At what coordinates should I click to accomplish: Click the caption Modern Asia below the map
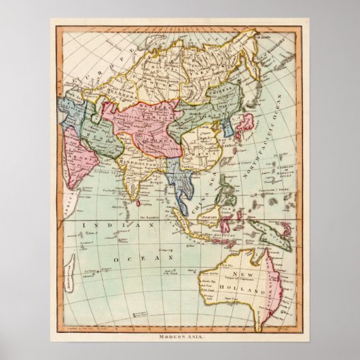[x=180, y=336]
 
